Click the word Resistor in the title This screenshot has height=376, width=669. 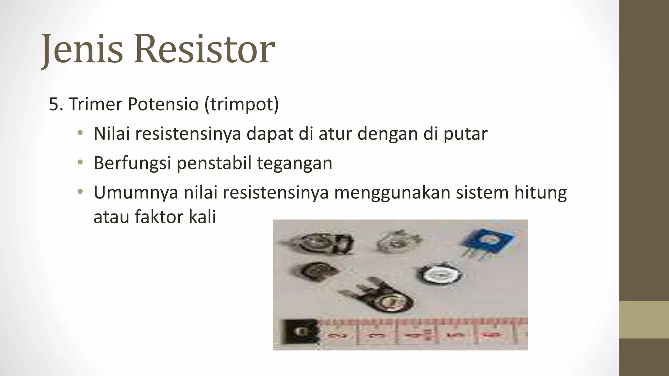[x=204, y=49]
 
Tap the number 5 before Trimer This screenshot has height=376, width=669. [x=54, y=104]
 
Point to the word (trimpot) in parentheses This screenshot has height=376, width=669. [x=242, y=104]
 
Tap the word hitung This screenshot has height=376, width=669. [x=540, y=193]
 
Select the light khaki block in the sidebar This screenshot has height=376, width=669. [x=644, y=320]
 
